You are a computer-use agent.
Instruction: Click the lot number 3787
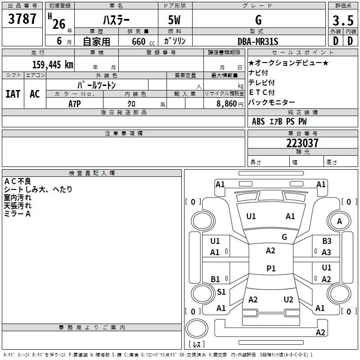click(x=22, y=19)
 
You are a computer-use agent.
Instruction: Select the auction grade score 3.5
click(x=343, y=20)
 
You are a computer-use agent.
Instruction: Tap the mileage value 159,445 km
click(x=53, y=64)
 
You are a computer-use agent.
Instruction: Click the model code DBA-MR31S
click(x=258, y=41)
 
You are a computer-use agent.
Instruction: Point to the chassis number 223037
click(x=302, y=143)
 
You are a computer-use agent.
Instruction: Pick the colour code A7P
click(x=75, y=104)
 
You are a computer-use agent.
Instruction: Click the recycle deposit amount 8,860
click(x=227, y=104)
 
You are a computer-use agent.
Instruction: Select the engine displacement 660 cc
click(x=143, y=41)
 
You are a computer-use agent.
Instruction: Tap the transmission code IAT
click(x=13, y=94)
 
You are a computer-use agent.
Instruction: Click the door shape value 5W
click(x=174, y=20)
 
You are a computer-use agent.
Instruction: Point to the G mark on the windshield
click(x=284, y=237)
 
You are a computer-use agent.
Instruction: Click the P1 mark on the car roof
click(x=271, y=268)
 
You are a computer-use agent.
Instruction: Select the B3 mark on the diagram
click(x=327, y=241)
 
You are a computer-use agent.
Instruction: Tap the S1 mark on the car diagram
click(x=221, y=292)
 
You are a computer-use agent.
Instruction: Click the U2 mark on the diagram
click(x=288, y=299)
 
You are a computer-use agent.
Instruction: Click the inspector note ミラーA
click(x=17, y=214)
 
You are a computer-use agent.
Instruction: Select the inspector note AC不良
click(x=18, y=181)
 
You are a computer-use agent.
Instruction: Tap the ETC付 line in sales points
click(x=262, y=92)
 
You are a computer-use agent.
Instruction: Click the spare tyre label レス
click(x=197, y=344)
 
